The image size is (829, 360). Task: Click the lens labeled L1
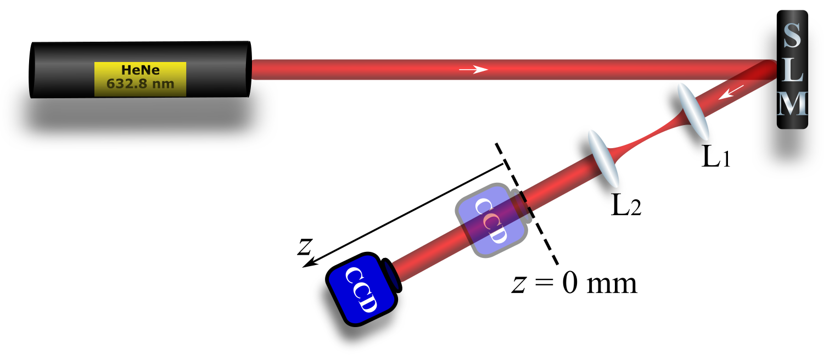click(x=693, y=111)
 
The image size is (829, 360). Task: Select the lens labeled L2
click(x=603, y=158)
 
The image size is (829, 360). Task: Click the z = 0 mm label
click(x=574, y=284)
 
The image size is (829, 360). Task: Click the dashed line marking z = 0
click(x=527, y=203)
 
